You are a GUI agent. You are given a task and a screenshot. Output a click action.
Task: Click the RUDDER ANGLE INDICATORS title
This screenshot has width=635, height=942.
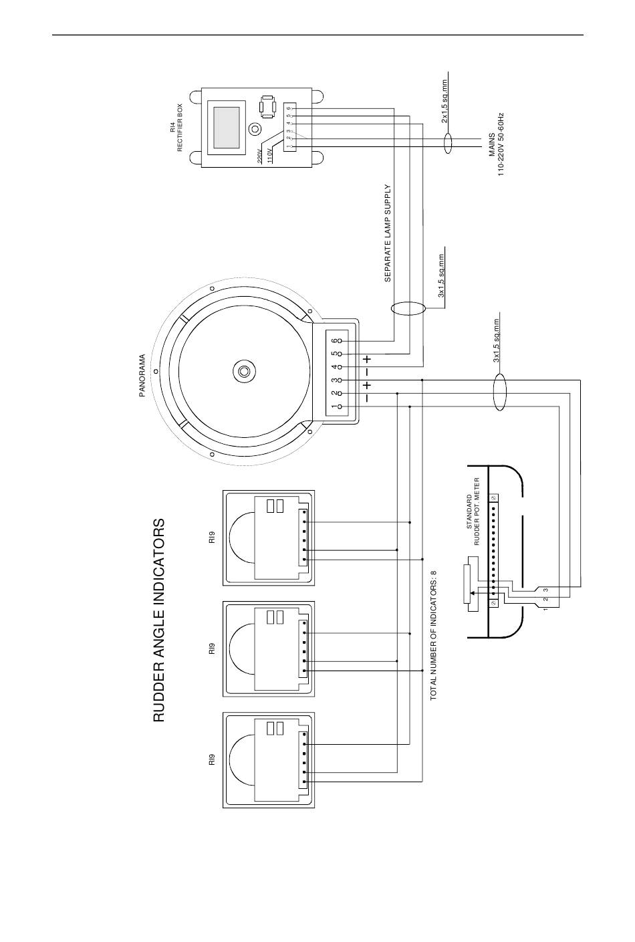(159, 620)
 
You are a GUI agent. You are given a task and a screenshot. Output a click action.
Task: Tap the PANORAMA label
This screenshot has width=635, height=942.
(142, 376)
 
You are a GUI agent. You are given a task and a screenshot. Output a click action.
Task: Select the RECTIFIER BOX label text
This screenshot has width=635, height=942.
(180, 128)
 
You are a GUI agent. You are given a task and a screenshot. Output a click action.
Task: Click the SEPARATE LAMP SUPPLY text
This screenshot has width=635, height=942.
(388, 233)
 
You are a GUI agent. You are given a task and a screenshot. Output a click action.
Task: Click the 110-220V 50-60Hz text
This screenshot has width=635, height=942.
(501, 144)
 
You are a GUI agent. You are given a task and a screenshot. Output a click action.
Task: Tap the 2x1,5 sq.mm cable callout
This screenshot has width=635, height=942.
(445, 102)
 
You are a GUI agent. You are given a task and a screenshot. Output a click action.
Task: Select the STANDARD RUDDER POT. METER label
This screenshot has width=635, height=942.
(473, 511)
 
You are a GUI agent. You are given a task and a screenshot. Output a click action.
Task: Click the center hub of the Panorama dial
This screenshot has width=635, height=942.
(243, 372)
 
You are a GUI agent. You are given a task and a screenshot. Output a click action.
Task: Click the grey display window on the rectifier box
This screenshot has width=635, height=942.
(227, 128)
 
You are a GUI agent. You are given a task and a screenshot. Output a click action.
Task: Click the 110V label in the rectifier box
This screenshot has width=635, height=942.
(270, 156)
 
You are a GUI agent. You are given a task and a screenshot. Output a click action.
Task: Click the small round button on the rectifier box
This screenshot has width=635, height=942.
(254, 128)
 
